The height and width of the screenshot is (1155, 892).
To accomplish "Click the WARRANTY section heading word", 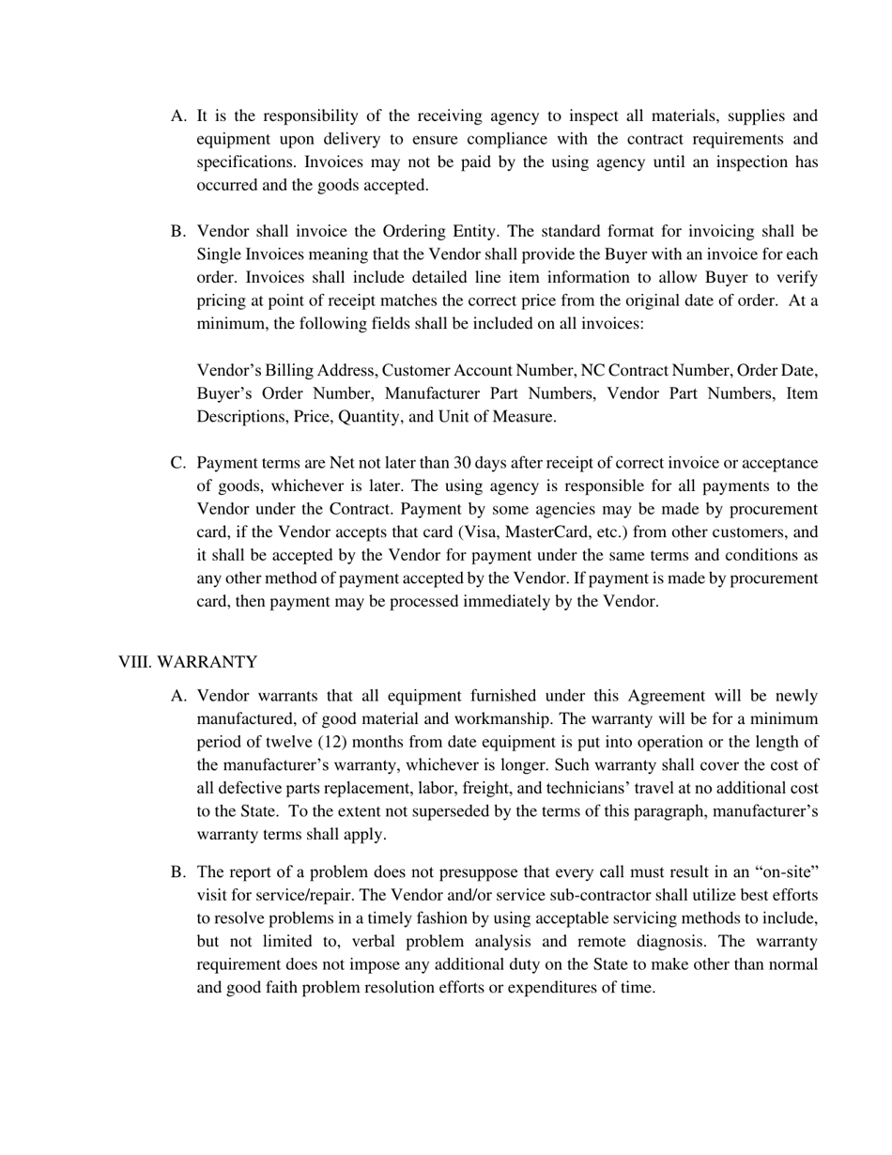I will [x=207, y=662].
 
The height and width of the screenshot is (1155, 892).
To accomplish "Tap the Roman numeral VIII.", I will [x=134, y=662].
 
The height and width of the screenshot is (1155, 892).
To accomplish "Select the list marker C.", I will [x=177, y=463].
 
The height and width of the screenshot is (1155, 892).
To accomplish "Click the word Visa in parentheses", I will [x=476, y=531].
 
